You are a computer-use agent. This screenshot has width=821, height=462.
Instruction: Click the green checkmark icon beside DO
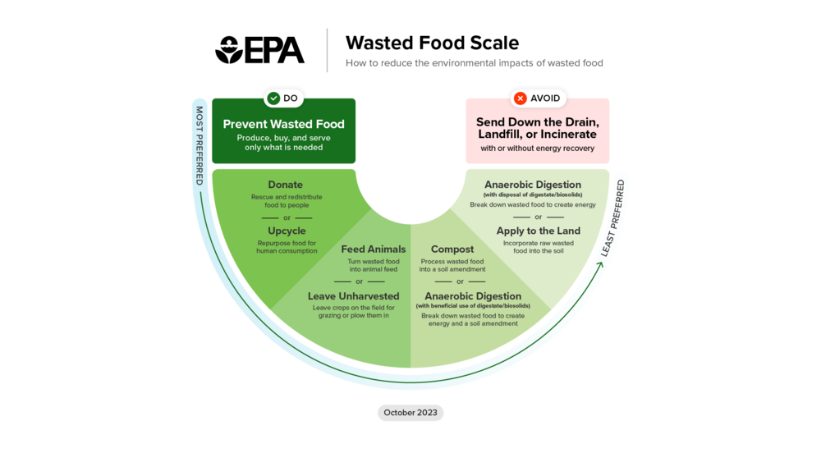click(x=273, y=98)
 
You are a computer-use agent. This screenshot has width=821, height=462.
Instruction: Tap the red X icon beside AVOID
click(x=520, y=98)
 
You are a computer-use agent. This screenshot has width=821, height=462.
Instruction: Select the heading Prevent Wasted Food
click(x=284, y=124)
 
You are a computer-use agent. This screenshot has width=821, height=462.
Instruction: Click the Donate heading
click(x=285, y=185)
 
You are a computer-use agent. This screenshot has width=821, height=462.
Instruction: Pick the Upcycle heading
click(x=287, y=231)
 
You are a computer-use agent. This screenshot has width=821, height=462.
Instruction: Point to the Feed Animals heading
click(x=374, y=249)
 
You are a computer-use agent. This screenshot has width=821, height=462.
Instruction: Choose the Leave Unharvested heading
click(x=354, y=295)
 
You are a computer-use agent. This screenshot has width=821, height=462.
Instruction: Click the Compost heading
click(x=452, y=249)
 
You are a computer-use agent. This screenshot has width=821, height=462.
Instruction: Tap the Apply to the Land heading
click(x=539, y=231)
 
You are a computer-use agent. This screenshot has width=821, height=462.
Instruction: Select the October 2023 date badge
click(x=410, y=413)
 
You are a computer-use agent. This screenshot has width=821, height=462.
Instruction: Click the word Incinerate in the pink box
click(x=568, y=134)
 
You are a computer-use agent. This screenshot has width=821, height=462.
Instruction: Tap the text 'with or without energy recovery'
click(x=538, y=149)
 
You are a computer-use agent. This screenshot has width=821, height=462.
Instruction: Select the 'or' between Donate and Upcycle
click(x=287, y=217)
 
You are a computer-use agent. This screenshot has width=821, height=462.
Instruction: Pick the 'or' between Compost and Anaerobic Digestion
click(x=460, y=281)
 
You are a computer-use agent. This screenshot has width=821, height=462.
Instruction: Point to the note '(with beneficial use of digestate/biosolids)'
click(x=473, y=306)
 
